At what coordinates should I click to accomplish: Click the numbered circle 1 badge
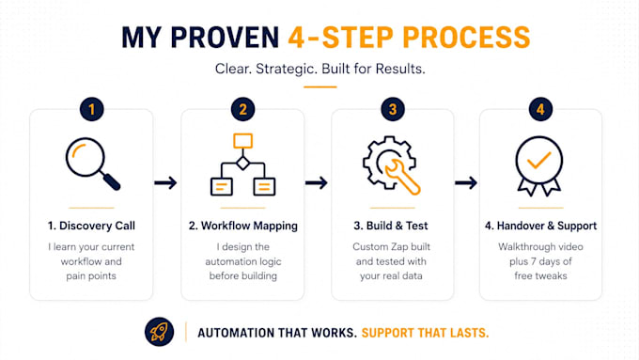pos(92,109)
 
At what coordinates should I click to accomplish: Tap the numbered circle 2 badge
pos(242,109)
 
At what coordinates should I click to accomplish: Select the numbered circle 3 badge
pos(393,109)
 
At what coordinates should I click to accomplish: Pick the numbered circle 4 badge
pos(540,109)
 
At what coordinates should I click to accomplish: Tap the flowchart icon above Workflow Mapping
pos(242,164)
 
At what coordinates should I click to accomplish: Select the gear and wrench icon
pos(391,165)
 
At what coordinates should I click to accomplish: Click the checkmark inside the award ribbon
pos(539,160)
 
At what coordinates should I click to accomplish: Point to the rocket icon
pos(159,332)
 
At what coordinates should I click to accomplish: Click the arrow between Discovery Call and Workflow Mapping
pos(165,182)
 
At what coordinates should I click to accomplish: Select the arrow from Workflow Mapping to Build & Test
pos(317,182)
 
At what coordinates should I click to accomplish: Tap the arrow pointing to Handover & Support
pos(466,182)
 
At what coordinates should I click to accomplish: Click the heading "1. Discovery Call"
pos(91,226)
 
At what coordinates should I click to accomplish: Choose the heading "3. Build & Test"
pos(391,226)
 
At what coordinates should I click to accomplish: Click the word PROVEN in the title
pos(225,38)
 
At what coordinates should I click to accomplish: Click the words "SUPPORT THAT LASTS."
pos(425,333)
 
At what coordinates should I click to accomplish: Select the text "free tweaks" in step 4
pos(540,276)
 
